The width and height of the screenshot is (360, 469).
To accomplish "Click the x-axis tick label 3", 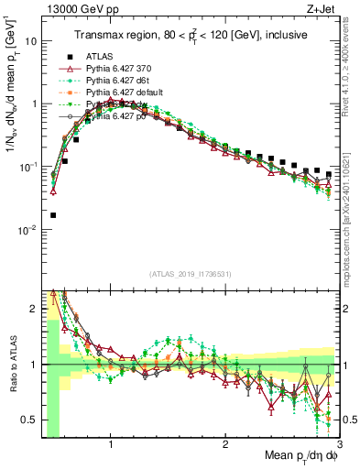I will pos(340,446).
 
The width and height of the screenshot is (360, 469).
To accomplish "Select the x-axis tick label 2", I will pos(225,446).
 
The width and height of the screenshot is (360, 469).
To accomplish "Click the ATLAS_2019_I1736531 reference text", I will pos(191,274).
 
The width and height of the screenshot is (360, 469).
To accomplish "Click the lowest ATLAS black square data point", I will pos(52,215).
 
